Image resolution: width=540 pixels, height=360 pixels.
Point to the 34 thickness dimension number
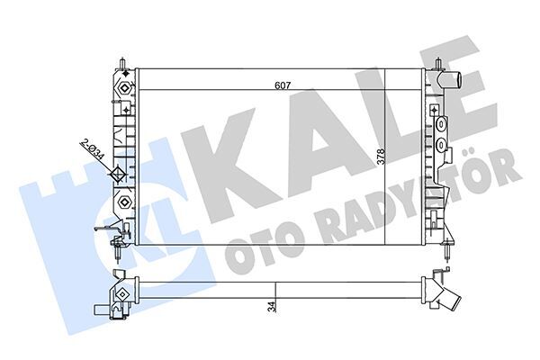(271, 307)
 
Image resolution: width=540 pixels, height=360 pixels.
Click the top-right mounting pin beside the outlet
(436, 66)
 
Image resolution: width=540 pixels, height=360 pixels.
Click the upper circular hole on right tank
(441, 125)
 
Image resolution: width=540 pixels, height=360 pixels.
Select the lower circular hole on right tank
(441, 143)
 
